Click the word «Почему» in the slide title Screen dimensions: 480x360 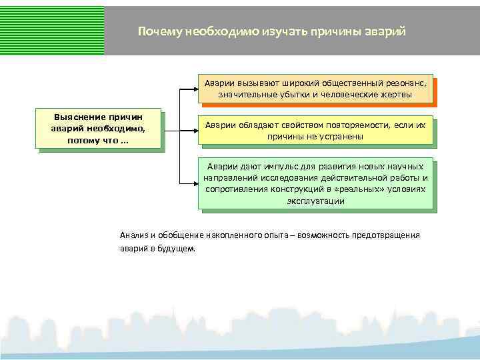[x=159, y=31]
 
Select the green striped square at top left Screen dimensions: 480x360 [x=52, y=27]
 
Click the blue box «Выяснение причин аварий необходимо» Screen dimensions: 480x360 [x=99, y=128]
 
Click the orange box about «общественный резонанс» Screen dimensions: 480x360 [x=315, y=89]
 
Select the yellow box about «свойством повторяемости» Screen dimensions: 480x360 [x=315, y=130]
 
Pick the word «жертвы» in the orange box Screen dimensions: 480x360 [x=397, y=95]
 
